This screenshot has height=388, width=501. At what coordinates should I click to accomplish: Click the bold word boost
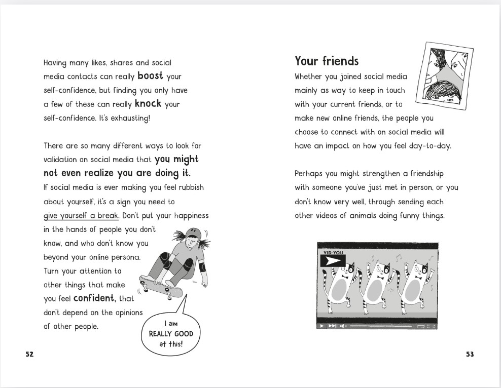(150, 76)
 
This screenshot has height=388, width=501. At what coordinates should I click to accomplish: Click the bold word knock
(148, 104)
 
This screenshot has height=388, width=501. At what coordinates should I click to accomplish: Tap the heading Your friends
(327, 61)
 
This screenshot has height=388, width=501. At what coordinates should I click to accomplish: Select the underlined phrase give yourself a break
(81, 216)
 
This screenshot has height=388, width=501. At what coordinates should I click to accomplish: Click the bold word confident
(95, 298)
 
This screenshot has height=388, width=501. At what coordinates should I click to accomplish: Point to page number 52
(29, 355)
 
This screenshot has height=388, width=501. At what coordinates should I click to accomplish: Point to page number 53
(470, 355)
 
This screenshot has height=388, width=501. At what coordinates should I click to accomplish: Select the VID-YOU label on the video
(333, 252)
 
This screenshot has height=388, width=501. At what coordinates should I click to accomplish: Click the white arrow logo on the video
(333, 261)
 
